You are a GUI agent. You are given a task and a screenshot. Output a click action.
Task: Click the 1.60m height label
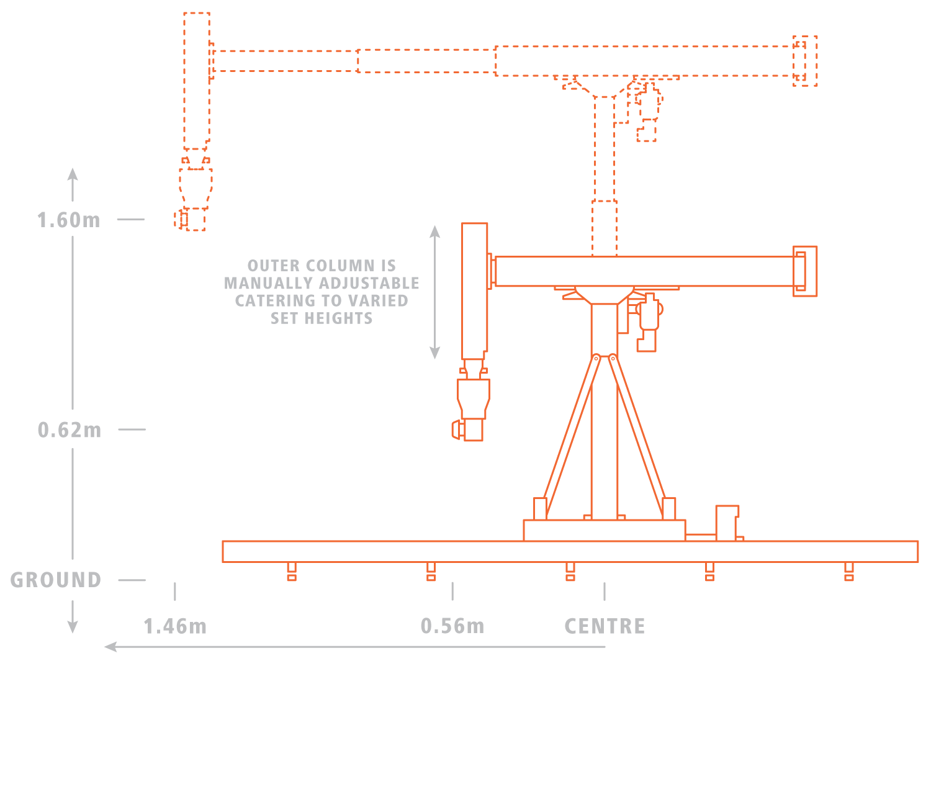(x=69, y=220)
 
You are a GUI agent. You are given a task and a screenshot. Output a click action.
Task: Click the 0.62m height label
(x=70, y=430)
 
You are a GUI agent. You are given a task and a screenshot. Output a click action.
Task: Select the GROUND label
(x=56, y=580)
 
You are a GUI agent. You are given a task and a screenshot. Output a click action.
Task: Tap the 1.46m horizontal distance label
(x=175, y=627)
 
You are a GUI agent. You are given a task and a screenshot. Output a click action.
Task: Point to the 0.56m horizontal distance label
(x=452, y=626)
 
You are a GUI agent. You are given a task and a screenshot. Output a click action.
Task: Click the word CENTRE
(x=605, y=627)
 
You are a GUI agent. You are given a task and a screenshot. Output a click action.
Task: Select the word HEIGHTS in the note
(x=339, y=318)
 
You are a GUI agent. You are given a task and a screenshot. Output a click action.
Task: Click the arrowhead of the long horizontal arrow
(x=110, y=647)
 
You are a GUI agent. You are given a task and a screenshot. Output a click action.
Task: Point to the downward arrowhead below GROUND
(x=73, y=628)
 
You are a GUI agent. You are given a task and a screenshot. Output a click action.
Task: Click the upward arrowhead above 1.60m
(x=73, y=174)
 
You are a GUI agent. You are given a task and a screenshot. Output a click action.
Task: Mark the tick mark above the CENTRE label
(x=605, y=592)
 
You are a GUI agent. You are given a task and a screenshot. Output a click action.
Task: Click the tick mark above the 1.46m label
(x=175, y=592)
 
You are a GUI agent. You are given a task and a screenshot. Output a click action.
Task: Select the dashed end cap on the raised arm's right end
(x=805, y=61)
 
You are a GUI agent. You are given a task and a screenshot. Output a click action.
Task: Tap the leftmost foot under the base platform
(x=292, y=572)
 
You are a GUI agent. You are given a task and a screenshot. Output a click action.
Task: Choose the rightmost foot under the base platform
(x=849, y=572)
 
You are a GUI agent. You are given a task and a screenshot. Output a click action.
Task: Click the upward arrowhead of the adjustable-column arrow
(x=434, y=232)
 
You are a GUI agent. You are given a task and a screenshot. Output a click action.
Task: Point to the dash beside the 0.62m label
(x=132, y=430)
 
